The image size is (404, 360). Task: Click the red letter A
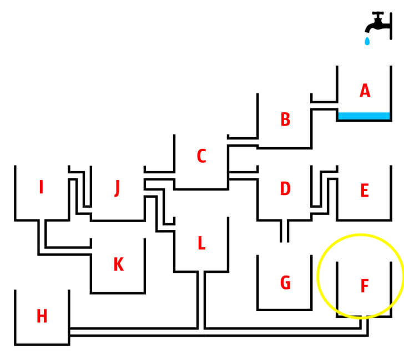coord(365,91)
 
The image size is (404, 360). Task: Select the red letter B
coord(285,119)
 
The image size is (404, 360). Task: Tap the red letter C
coord(201,156)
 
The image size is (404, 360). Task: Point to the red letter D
coord(285,188)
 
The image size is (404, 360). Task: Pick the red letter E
coord(365,191)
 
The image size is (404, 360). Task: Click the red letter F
coord(365,286)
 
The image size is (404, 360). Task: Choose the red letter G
coord(285,282)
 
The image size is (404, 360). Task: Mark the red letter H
coord(42,316)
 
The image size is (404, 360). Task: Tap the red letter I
coord(41,187)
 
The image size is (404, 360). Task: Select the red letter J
coord(117,188)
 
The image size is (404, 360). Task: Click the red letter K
coord(119,264)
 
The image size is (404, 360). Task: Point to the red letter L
coord(202,243)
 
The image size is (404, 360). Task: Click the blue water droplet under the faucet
coord(367,41)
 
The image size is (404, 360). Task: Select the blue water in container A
coord(364,116)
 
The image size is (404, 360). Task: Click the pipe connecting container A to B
coord(324,106)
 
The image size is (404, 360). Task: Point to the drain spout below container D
coord(285,231)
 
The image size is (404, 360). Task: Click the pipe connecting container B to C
coord(243,142)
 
